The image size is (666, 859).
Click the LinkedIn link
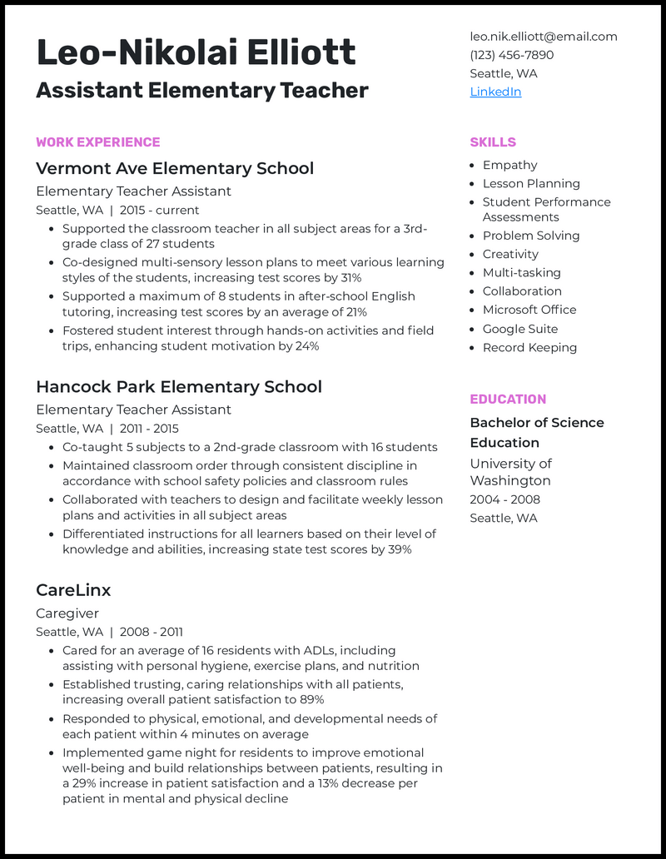tap(495, 92)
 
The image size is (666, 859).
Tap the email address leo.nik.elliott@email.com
tap(544, 37)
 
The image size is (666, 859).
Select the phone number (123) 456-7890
tap(512, 55)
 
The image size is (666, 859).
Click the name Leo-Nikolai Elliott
tap(196, 53)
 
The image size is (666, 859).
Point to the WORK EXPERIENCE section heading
tap(98, 142)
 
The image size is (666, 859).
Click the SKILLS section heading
tap(493, 142)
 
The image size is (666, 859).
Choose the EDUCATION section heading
tap(508, 400)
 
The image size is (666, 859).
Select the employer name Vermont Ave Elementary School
tap(175, 168)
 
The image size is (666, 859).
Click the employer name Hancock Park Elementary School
tap(179, 387)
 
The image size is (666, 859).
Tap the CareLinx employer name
tap(73, 590)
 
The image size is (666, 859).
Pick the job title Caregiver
tap(67, 613)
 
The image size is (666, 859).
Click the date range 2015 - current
tap(159, 211)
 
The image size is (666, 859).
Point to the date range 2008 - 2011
tap(151, 632)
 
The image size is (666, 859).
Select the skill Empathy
tap(509, 165)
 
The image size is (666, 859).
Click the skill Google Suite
tap(520, 329)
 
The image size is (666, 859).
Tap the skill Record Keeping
tap(529, 348)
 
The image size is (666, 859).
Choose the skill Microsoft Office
tap(529, 310)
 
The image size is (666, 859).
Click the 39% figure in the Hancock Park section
tap(399, 550)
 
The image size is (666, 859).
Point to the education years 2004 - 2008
tap(505, 499)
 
